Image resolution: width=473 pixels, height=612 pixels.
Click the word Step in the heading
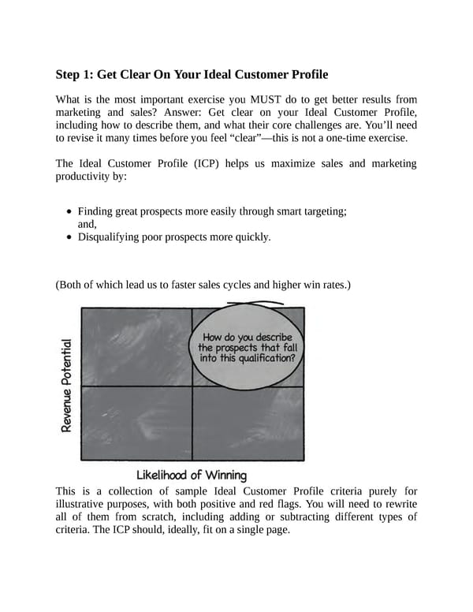tap(70, 75)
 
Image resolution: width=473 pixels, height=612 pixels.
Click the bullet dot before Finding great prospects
tap(71, 211)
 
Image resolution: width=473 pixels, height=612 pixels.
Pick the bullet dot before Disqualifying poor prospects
tap(71, 237)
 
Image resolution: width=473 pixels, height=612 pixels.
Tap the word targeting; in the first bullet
tap(319, 211)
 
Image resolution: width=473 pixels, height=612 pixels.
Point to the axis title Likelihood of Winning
tap(192, 475)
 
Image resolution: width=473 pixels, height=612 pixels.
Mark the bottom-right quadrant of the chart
tap(248, 423)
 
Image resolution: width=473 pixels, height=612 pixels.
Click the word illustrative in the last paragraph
tap(84, 504)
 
